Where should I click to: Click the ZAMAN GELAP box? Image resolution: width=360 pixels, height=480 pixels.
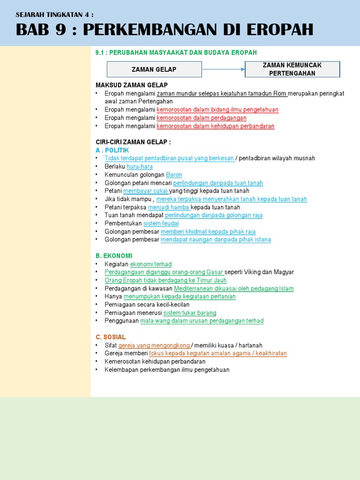tap(154, 69)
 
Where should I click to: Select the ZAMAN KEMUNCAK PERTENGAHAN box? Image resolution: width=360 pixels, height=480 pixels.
tap(292, 69)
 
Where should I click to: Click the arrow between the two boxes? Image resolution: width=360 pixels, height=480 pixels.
tap(223, 69)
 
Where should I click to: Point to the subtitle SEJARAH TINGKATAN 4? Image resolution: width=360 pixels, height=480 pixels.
tap(54, 15)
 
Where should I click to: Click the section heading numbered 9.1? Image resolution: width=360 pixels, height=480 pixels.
tap(176, 52)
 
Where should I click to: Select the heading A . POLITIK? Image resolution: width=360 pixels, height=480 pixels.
tap(112, 150)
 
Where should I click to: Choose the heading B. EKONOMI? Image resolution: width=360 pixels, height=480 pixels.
tap(114, 255)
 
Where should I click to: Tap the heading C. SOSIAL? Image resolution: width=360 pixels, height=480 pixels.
tap(111, 337)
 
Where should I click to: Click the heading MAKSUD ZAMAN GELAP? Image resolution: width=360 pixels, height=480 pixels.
tap(131, 85)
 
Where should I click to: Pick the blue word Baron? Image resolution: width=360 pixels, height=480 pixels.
tap(174, 175)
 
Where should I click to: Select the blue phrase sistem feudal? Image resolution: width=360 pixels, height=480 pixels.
tap(161, 224)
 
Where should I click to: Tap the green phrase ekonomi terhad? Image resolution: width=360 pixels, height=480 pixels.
tap(150, 264)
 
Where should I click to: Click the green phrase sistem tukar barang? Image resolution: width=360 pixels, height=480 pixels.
tap(189, 313)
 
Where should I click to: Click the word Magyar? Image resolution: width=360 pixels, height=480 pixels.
tap(284, 272)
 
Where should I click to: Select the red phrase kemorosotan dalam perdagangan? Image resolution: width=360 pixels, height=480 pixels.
tap(201, 118)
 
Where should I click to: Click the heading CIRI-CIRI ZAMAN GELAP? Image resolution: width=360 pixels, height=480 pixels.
tap(133, 142)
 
